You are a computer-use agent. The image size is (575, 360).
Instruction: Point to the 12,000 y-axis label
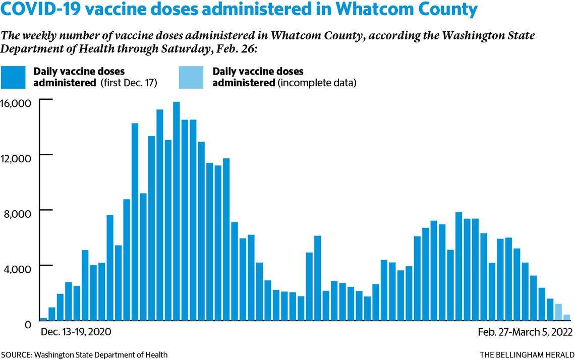[17, 158]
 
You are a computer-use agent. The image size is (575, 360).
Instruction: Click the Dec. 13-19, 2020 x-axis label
[76, 333]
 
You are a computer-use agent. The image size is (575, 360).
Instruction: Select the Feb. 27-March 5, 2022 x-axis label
[525, 333]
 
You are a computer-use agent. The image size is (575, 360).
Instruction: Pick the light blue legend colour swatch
[191, 78]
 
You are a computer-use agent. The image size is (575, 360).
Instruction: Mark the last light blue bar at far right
[566, 317]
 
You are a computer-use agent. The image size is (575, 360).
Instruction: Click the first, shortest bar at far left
[43, 319]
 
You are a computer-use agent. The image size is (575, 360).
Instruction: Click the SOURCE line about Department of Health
[84, 355]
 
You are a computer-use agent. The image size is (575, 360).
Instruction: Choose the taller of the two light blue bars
[558, 312]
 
